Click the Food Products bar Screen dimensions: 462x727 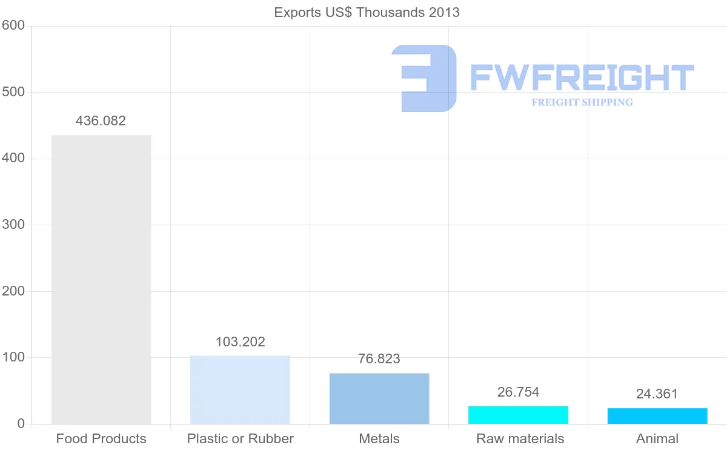pyautogui.click(x=101, y=279)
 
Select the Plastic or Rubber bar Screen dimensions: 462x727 pyautogui.click(x=240, y=390)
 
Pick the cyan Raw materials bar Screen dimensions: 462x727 pyautogui.click(x=518, y=415)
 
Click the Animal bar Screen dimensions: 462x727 pyautogui.click(x=657, y=416)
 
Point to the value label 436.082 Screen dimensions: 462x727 pyautogui.click(x=101, y=120)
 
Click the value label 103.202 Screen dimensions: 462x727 pyautogui.click(x=240, y=342)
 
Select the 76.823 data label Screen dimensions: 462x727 pyautogui.click(x=379, y=358)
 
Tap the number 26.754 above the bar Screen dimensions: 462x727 pyautogui.click(x=518, y=392)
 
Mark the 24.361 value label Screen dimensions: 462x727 pyautogui.click(x=657, y=394)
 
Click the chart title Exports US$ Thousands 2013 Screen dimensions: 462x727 pyautogui.click(x=367, y=12)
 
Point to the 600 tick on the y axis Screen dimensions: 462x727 pyautogui.click(x=13, y=25)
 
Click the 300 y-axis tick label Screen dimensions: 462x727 pyautogui.click(x=13, y=225)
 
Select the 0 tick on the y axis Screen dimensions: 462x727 pyautogui.click(x=21, y=424)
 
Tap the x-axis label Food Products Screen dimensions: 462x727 pyautogui.click(x=101, y=438)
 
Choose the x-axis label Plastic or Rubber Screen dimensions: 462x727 pyautogui.click(x=240, y=438)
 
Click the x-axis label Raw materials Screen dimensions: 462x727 pyautogui.click(x=520, y=438)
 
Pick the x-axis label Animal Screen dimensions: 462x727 pyautogui.click(x=657, y=438)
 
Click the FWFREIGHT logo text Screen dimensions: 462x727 pyautogui.click(x=582, y=78)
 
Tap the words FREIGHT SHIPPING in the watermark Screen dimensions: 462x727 pyautogui.click(x=582, y=102)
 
